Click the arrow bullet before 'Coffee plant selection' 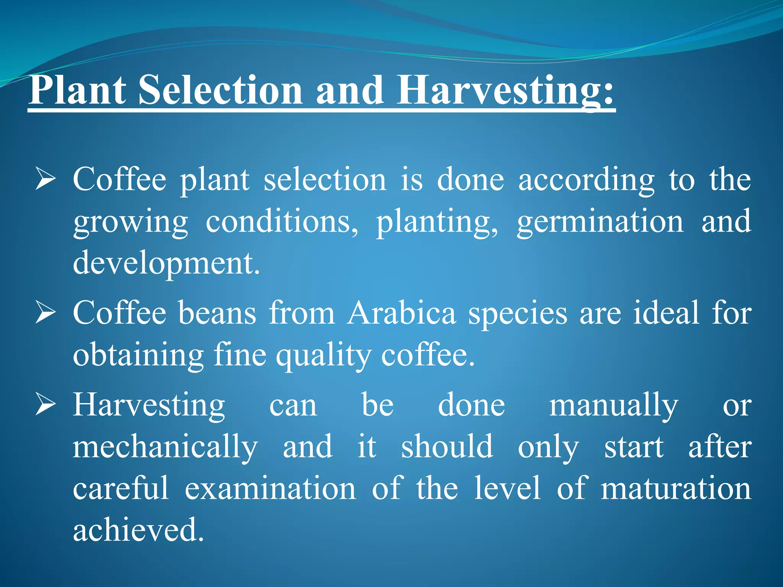[45, 180]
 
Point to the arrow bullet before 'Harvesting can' [45, 405]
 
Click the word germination [600, 222]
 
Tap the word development [166, 264]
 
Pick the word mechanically [165, 447]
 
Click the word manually [614, 405]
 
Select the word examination [270, 489]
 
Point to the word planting [437, 222]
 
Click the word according [586, 180]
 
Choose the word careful [121, 489]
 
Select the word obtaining [138, 355]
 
